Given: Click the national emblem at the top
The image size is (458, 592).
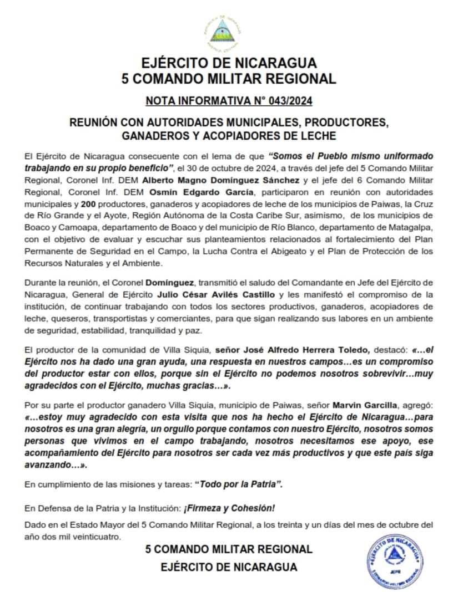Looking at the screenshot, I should pos(229,31).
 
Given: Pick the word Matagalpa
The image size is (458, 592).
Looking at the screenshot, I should pos(410,227).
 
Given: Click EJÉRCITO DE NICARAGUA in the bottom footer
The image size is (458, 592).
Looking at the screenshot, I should pos(229,567).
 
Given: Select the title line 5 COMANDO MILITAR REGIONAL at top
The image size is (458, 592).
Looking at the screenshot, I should pos(229,78).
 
